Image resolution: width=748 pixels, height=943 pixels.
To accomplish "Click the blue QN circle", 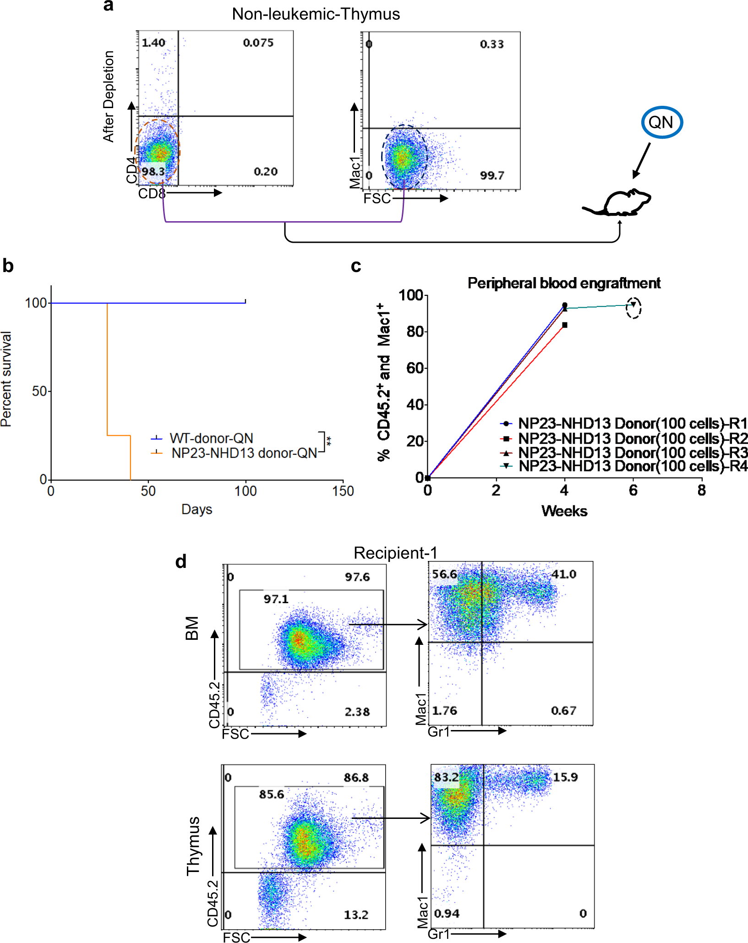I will [661, 122].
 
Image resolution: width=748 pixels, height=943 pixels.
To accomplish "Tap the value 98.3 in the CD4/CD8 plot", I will [153, 172].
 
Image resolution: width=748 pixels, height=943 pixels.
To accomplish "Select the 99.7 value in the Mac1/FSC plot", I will [492, 175].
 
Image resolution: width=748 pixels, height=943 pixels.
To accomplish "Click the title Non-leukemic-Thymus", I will [316, 14].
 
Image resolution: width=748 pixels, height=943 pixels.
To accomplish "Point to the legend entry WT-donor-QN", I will [211, 438].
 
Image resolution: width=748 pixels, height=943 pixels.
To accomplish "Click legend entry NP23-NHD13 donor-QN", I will [244, 453].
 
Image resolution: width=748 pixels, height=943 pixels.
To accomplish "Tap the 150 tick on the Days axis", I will [343, 491].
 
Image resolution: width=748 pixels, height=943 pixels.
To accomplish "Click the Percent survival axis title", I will [6, 379].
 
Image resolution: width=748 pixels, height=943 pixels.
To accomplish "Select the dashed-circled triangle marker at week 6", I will [633, 305].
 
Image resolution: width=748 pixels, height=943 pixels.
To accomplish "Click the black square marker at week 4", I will [565, 325].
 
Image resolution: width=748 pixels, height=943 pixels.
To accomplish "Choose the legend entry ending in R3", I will [632, 453].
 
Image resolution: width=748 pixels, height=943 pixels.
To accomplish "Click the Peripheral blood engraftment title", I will [563, 283].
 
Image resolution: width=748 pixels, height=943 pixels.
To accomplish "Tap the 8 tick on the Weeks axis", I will [701, 491].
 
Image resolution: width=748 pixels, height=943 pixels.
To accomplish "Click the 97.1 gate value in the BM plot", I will [276, 599].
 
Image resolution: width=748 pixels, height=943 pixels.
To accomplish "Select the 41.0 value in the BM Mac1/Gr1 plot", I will [563, 574].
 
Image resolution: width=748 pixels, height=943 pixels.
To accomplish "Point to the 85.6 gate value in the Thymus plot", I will [271, 794].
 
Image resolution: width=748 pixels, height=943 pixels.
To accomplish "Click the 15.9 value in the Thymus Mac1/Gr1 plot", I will [565, 777].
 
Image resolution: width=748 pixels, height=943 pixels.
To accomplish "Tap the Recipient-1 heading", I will [395, 553].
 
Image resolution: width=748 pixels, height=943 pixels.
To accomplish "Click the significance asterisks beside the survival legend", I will [329, 442].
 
